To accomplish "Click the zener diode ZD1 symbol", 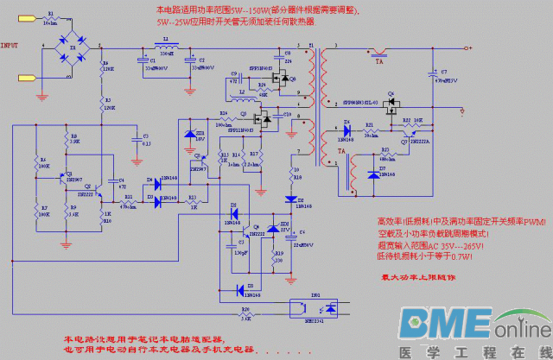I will click(x=190, y=134).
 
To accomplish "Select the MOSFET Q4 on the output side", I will click(x=391, y=103).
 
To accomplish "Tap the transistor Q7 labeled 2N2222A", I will click(x=405, y=136).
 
